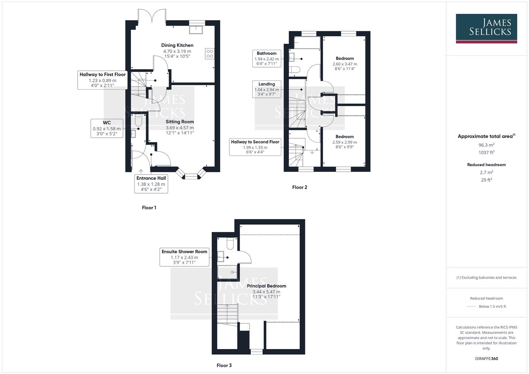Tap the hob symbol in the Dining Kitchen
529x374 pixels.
[210, 54]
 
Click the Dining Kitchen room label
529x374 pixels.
[177, 45]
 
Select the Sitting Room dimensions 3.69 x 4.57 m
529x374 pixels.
[179, 127]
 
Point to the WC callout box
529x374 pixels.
[107, 128]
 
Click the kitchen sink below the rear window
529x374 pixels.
[197, 29]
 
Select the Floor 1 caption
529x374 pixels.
[149, 208]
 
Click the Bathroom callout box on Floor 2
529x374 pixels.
[266, 59]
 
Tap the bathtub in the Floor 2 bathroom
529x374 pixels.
[307, 43]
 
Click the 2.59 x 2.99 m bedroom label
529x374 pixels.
[344, 142]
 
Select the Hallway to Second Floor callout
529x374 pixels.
[255, 147]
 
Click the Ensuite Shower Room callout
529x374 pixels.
[184, 257]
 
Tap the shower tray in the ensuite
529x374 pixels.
[227, 272]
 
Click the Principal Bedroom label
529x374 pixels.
[266, 286]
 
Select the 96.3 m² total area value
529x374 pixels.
[486, 145]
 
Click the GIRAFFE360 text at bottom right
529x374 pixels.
[486, 358]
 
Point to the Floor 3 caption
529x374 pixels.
[224, 365]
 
